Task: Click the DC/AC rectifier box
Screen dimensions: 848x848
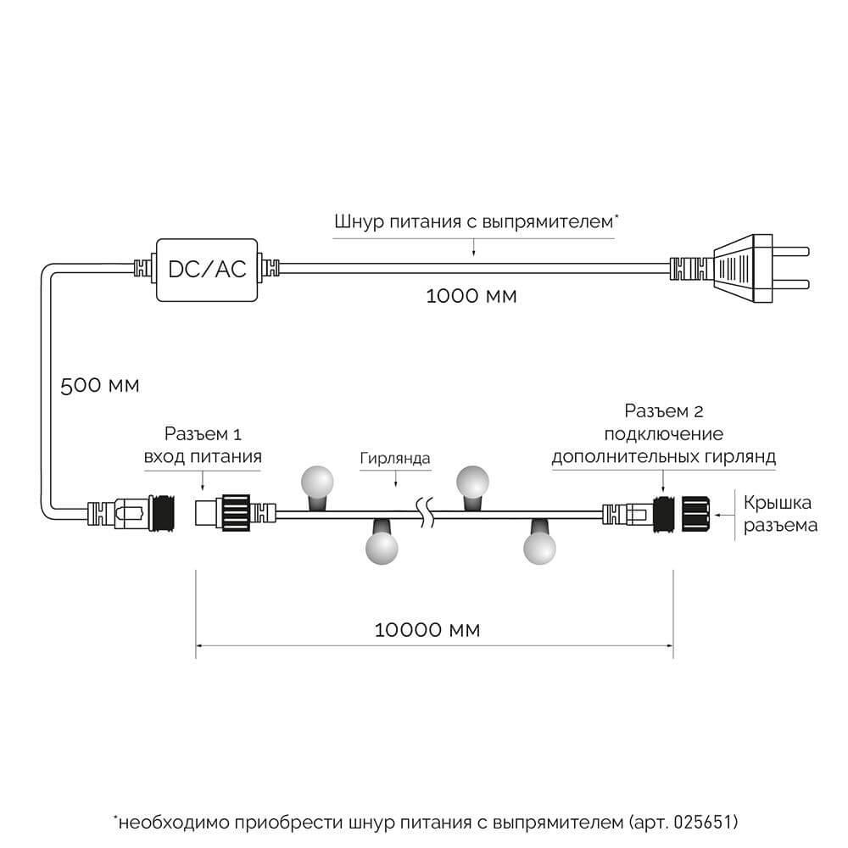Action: [x=207, y=269]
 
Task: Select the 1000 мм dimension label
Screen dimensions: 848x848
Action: [x=471, y=297]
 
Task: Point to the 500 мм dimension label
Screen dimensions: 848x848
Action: [x=99, y=384]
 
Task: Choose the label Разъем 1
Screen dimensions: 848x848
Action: [x=202, y=435]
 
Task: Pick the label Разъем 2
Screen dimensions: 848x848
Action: [x=665, y=412]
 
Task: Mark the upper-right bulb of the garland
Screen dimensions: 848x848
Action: [x=473, y=482]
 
